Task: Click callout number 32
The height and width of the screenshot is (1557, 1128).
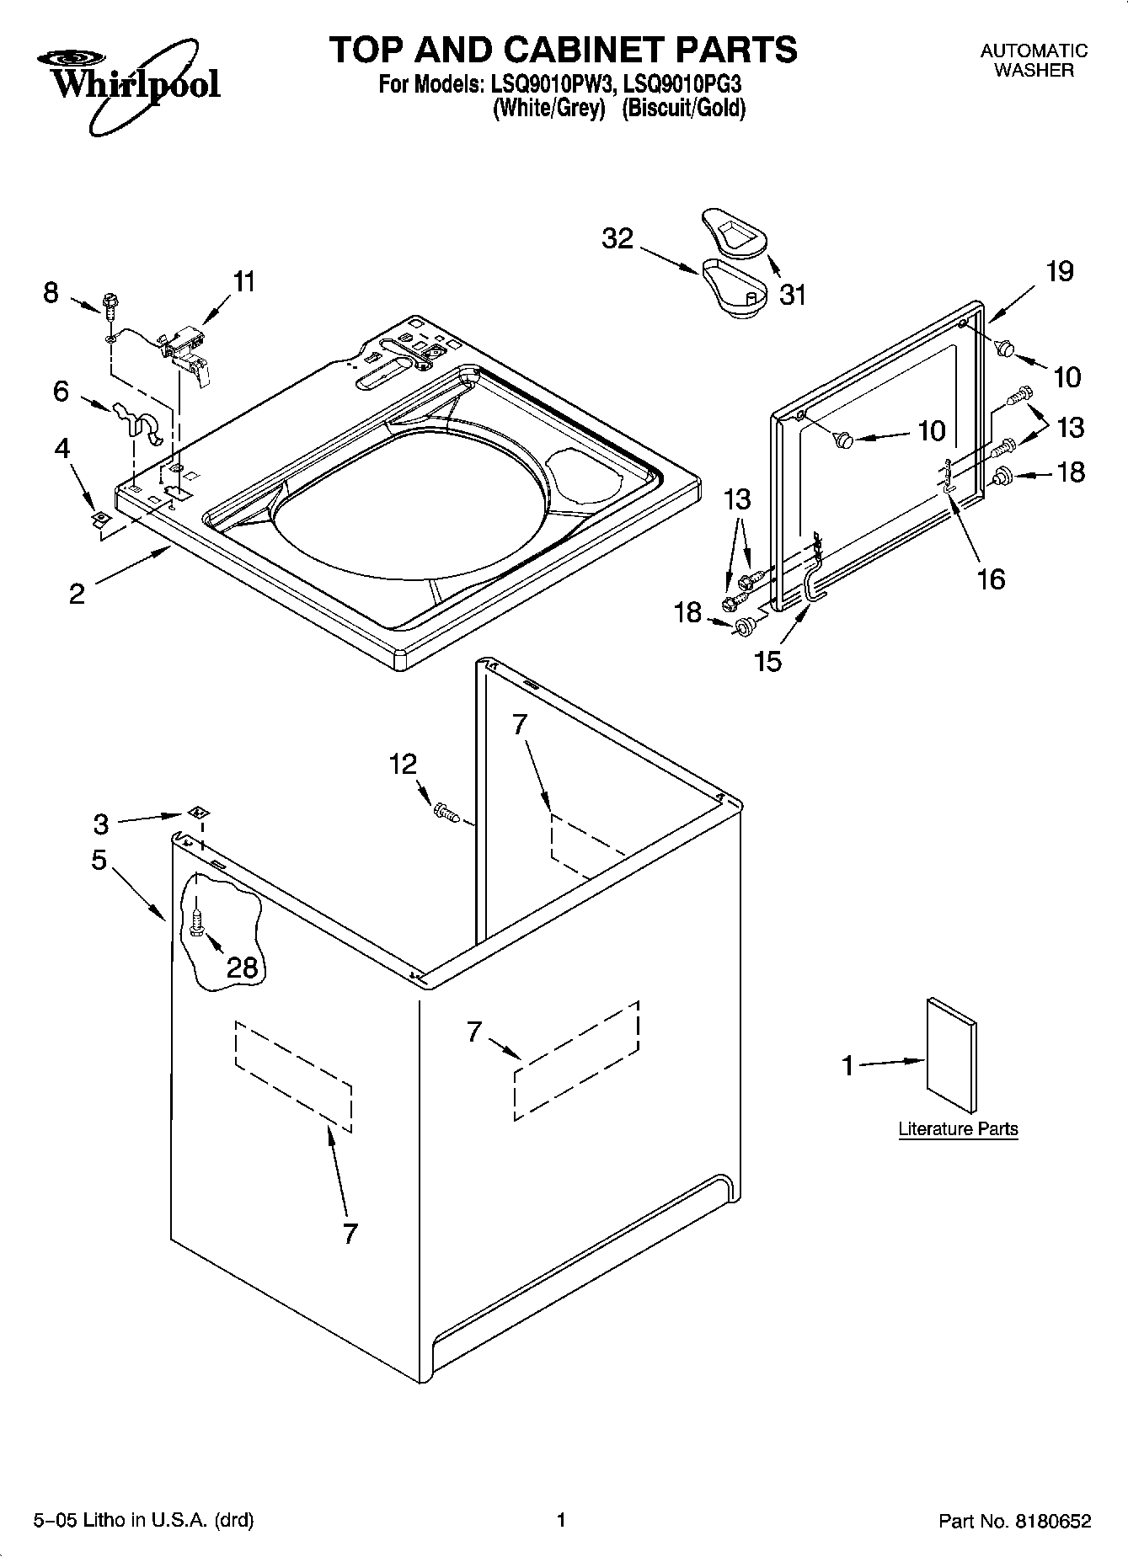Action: pos(617,239)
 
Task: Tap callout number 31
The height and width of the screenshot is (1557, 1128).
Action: pos(792,295)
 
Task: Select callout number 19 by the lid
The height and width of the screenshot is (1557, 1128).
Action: pos(1060,271)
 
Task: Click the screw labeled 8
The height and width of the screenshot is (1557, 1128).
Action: pos(109,305)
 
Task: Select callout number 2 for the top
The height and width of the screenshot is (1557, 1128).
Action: pos(77,595)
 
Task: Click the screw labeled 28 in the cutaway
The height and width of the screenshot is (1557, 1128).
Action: pos(196,920)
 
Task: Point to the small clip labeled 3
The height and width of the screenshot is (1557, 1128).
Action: pos(199,813)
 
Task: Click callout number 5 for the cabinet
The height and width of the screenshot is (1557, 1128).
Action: pos(99,860)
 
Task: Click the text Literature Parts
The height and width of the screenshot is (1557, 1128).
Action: pos(958,1129)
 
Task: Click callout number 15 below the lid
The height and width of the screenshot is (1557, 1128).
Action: pos(768,661)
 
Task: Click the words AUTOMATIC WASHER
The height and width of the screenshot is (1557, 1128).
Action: pos(1034,61)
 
